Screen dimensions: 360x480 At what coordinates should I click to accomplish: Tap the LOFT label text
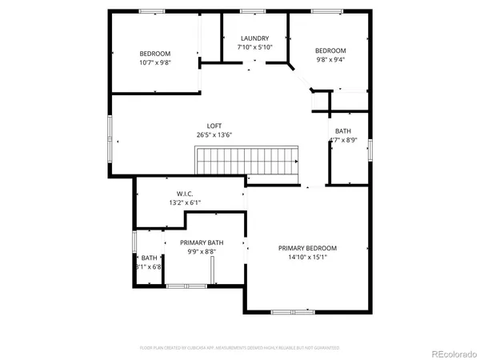point(214,126)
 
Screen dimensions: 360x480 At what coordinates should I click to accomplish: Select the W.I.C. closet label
point(185,194)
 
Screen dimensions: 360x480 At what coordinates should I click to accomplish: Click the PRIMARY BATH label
point(202,242)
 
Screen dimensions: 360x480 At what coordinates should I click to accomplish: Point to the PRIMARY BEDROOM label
point(308,248)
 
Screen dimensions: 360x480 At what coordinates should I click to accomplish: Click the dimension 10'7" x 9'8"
point(155,62)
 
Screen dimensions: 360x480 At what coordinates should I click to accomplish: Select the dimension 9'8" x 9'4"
point(330,59)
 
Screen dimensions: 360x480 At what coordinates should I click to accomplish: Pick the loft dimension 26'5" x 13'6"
point(214,135)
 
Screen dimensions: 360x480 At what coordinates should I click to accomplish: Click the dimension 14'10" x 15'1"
point(308,258)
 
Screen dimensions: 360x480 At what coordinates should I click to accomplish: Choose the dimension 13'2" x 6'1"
point(185,203)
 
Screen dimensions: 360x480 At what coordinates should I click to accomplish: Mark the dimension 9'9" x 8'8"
point(202,252)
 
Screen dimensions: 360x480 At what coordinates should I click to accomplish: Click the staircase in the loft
point(247,161)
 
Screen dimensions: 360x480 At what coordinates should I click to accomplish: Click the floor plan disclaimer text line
point(240,348)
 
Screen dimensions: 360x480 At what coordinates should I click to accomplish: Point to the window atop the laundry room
point(253,11)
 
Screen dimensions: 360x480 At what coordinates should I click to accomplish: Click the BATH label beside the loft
point(342,131)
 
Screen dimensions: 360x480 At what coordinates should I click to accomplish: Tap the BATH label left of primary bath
point(150,258)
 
